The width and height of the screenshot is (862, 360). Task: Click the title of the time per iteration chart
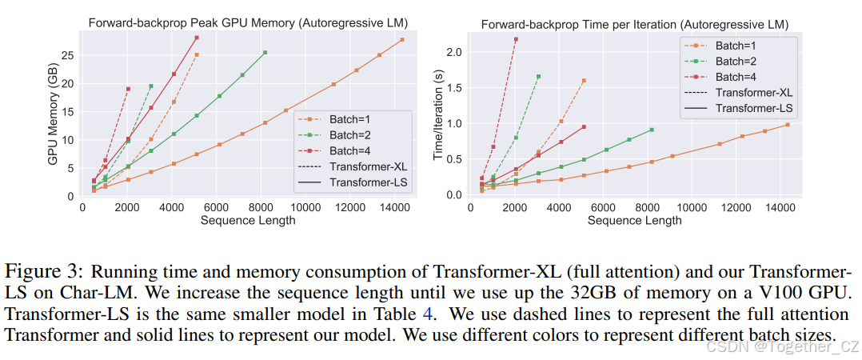pyautogui.click(x=635, y=24)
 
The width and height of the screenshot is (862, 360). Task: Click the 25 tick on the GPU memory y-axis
pyautogui.click(x=69, y=54)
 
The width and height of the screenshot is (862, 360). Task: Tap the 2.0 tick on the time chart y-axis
pyautogui.click(x=453, y=52)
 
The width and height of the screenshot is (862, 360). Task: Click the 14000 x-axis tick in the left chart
pyautogui.click(x=391, y=207)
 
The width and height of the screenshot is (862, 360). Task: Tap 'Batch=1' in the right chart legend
pyautogui.click(x=737, y=45)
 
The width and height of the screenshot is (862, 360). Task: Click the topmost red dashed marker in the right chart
pyautogui.click(x=516, y=39)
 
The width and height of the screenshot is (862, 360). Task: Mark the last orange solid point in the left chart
pyautogui.click(x=402, y=40)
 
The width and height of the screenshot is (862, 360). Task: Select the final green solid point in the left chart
pyautogui.click(x=265, y=53)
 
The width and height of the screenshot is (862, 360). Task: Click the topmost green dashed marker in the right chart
pyautogui.click(x=538, y=77)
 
